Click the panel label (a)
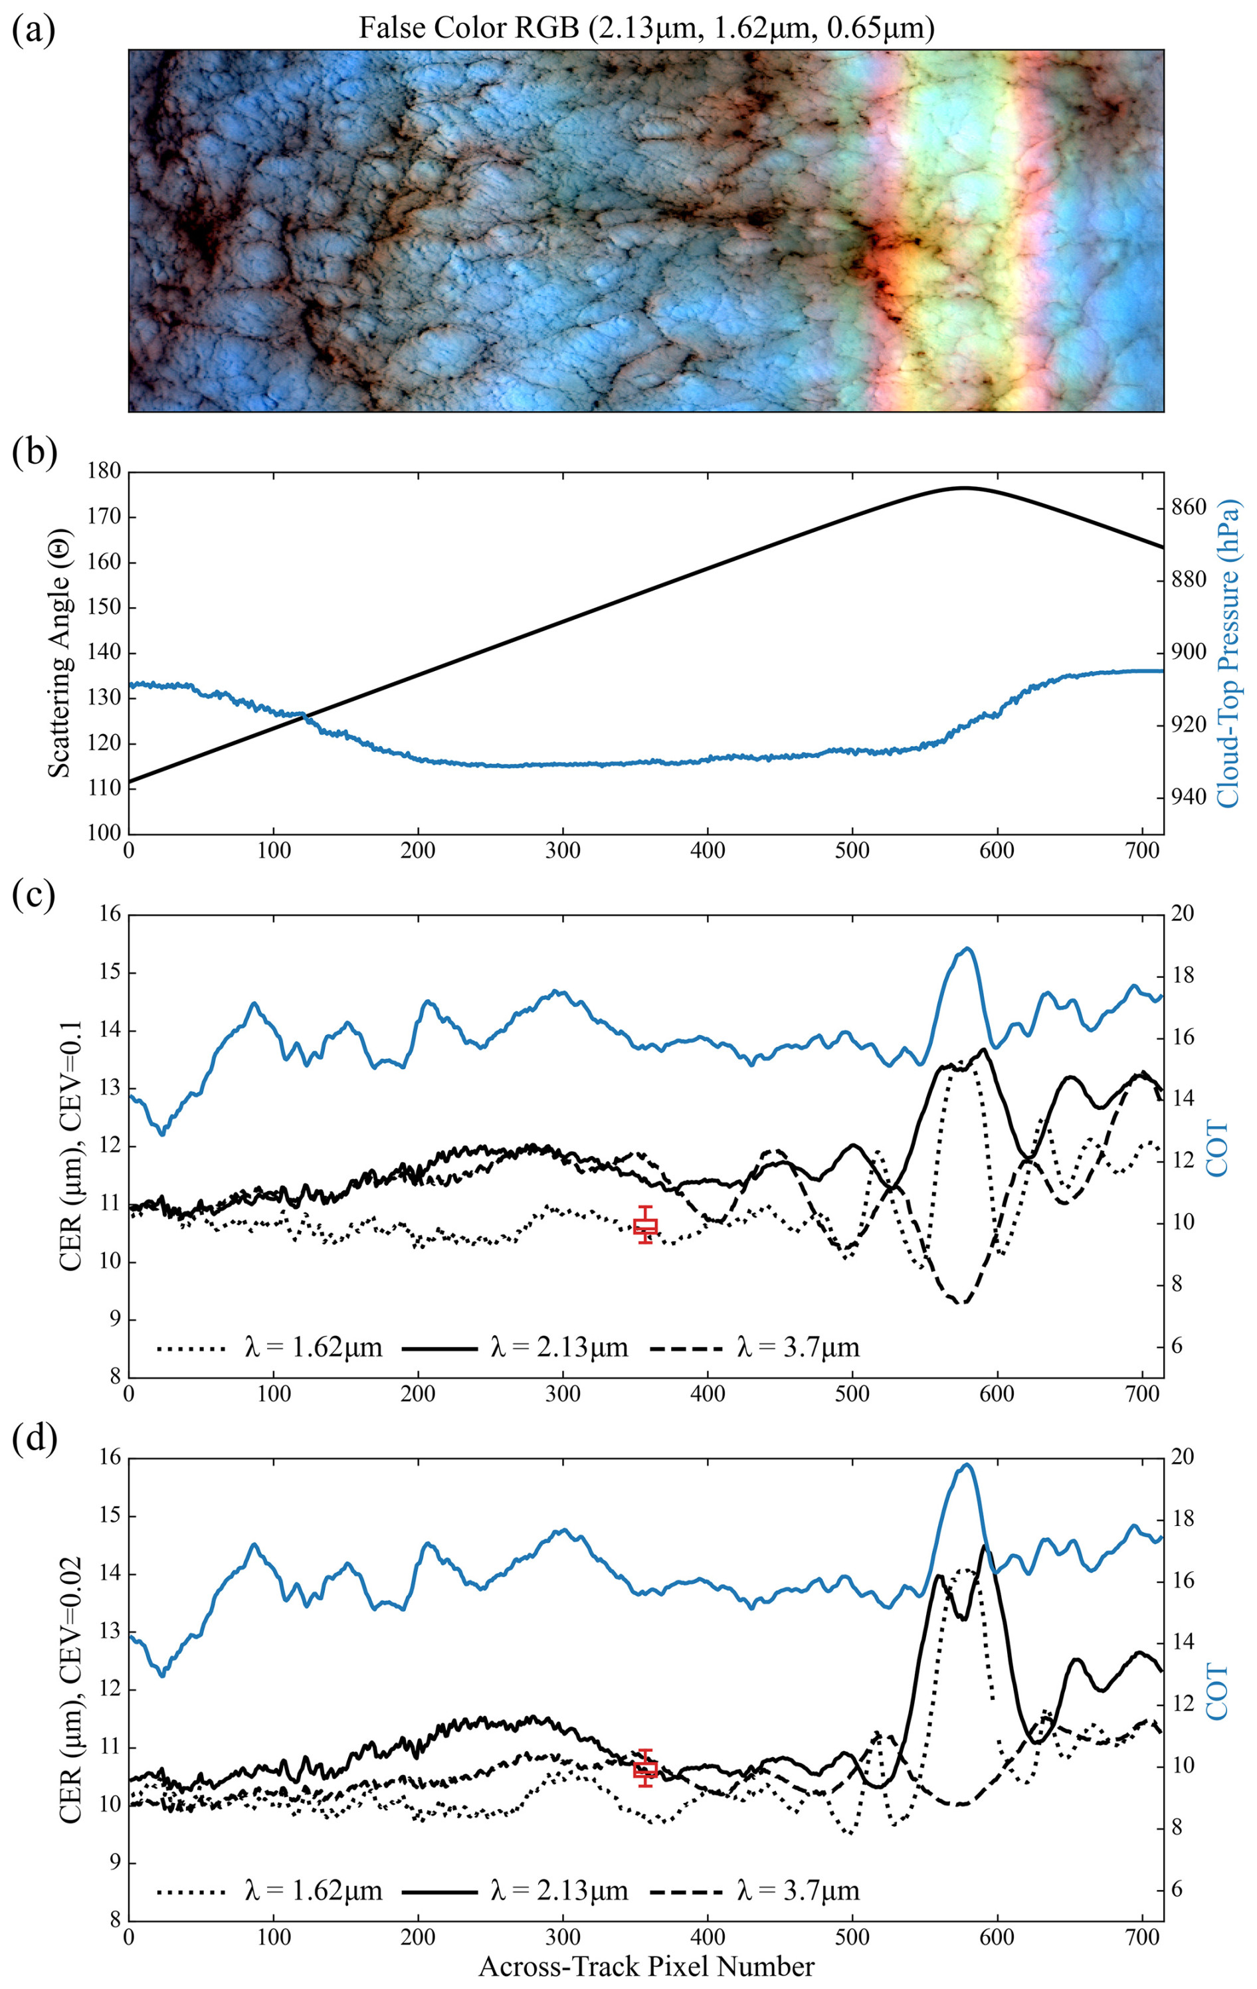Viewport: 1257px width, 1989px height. pos(33,31)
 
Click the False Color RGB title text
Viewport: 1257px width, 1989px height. pos(646,29)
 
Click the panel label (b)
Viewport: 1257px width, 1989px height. pos(33,454)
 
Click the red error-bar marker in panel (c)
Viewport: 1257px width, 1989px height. pos(645,1226)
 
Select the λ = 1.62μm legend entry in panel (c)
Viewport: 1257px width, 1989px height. pos(269,1348)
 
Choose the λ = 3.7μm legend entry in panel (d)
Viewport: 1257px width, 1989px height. pos(754,1891)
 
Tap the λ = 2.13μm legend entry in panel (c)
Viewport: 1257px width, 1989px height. pos(516,1348)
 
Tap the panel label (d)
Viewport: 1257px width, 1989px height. pos(33,1440)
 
